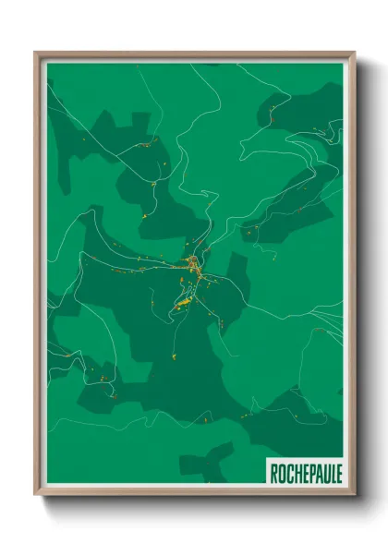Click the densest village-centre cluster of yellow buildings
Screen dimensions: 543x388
tap(194, 268)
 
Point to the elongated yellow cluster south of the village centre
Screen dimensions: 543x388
tap(184, 300)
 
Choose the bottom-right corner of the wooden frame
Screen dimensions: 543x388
tap(353, 494)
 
